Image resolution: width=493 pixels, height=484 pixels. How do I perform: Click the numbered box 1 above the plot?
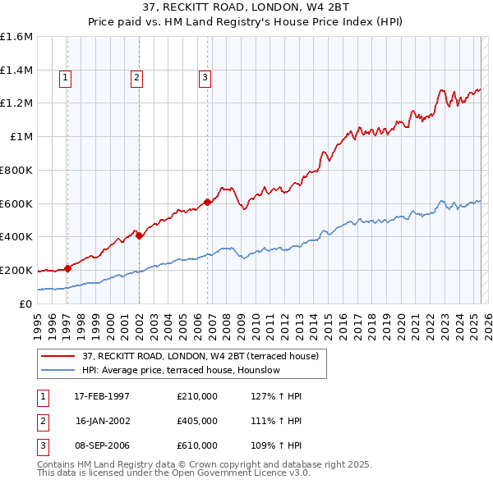coord(65,79)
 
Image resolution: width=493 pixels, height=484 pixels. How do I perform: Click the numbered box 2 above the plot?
coord(136,79)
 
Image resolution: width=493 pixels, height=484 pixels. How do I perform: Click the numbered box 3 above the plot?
coord(205,79)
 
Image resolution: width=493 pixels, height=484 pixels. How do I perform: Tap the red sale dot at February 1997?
coord(67,267)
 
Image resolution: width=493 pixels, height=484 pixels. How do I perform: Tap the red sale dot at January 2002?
coord(139,235)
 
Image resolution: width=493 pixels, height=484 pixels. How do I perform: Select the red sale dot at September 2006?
coord(207,202)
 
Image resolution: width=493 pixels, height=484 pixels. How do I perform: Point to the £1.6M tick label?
coord(16,37)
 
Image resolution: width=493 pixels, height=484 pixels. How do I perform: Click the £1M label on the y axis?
coord(22,137)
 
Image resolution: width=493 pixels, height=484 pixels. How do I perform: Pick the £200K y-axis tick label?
coord(16,270)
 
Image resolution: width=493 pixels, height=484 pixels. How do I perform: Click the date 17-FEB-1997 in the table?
coord(102,396)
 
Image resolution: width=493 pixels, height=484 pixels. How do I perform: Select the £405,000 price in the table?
coord(197,421)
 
